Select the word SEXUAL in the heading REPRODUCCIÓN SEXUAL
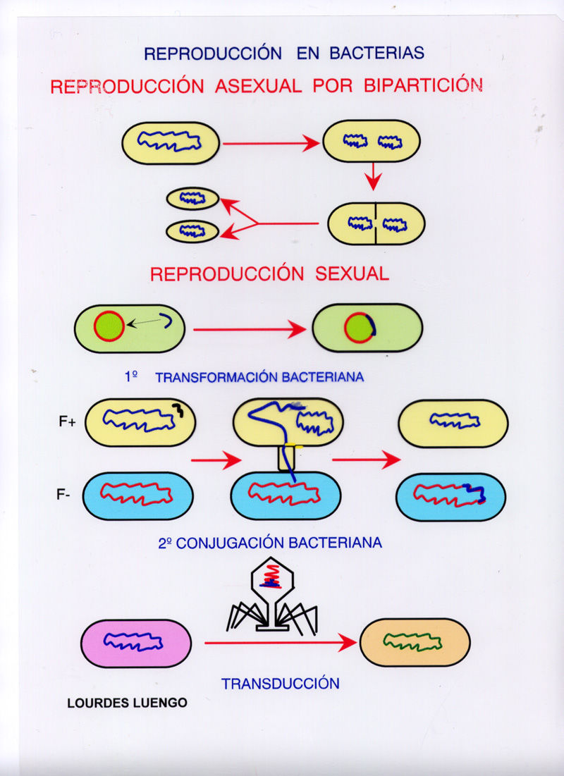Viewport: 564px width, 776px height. pyautogui.click(x=351, y=274)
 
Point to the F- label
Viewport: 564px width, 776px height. pyautogui.click(x=64, y=494)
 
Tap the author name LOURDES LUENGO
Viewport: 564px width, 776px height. pyautogui.click(x=127, y=703)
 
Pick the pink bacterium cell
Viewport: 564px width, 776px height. pyautogui.click(x=136, y=643)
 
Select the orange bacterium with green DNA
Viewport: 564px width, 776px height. pyautogui.click(x=415, y=642)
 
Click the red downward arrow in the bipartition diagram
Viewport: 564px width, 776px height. pyautogui.click(x=374, y=178)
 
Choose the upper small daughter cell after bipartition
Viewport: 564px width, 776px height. pyautogui.click(x=192, y=199)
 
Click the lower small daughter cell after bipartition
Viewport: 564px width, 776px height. pyautogui.click(x=192, y=230)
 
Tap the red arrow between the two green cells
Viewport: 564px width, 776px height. pyautogui.click(x=250, y=329)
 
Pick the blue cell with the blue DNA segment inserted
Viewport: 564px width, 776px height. pyautogui.click(x=450, y=495)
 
